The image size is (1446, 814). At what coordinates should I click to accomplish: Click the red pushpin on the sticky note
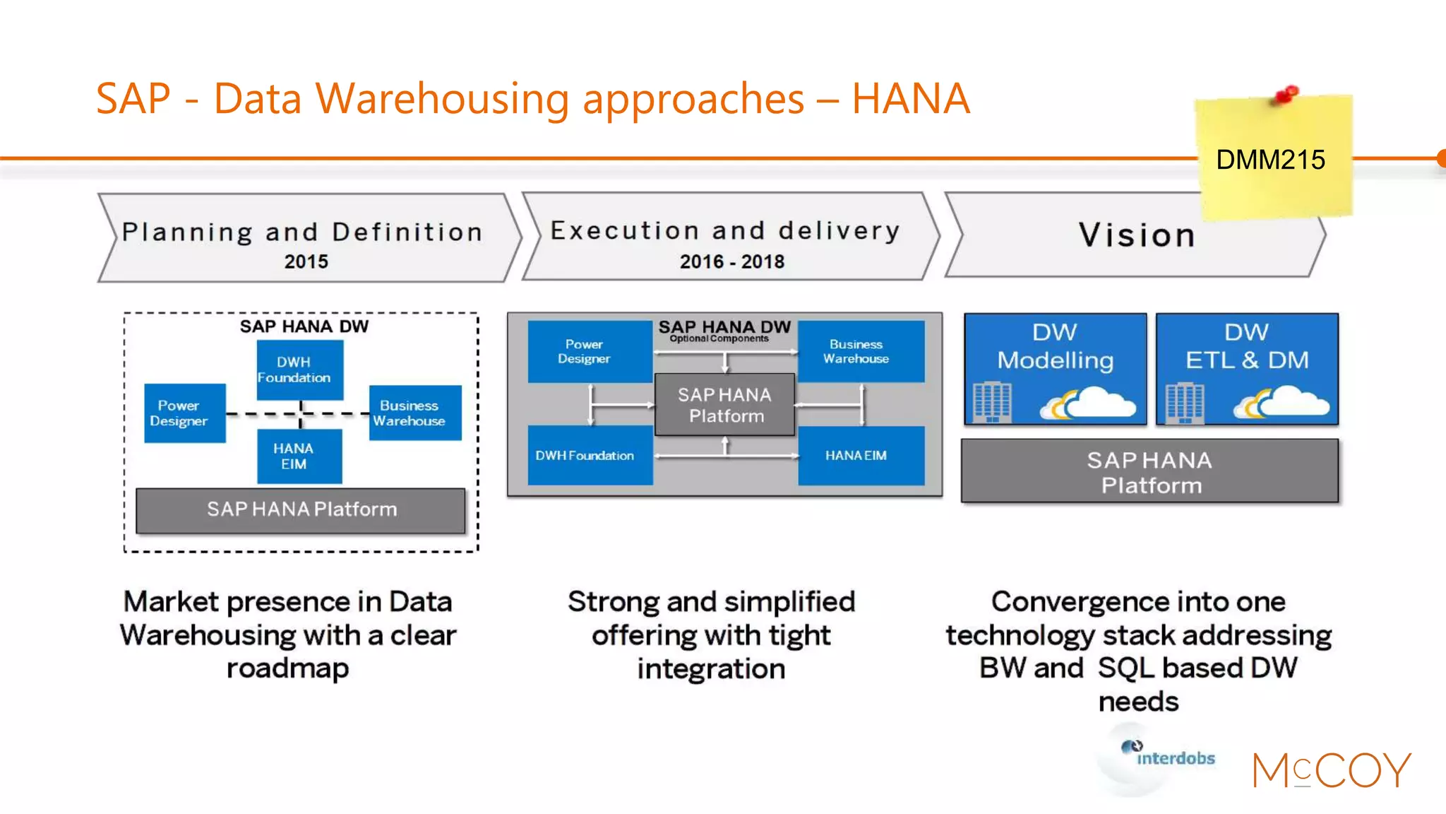[1287, 94]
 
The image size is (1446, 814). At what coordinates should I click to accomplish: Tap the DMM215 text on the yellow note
[1270, 160]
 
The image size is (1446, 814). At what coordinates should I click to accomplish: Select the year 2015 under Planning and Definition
[306, 261]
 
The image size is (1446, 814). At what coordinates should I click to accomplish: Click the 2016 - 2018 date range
[731, 261]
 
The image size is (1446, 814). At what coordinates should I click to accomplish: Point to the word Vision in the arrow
[1137, 235]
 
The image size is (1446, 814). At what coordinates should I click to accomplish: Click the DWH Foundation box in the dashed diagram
[299, 370]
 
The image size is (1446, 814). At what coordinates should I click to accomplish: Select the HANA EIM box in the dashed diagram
[299, 456]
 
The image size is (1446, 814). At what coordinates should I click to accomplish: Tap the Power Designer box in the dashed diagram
[184, 413]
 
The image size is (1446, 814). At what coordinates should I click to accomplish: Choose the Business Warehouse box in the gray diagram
[861, 351]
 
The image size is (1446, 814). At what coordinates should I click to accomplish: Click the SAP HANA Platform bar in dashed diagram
[301, 509]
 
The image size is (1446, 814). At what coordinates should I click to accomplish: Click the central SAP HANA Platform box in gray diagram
[724, 405]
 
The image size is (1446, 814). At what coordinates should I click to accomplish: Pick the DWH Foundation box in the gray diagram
[590, 456]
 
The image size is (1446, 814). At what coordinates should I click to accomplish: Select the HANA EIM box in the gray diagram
[861, 456]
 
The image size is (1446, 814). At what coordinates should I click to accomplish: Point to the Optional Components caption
[719, 339]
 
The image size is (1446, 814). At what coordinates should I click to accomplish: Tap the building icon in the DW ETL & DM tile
[1184, 402]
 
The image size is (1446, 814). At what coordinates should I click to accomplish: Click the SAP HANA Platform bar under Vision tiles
[1149, 472]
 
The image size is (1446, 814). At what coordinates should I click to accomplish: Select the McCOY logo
[1331, 770]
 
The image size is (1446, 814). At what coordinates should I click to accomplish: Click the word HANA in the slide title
[910, 99]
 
